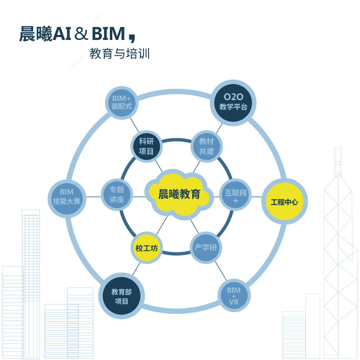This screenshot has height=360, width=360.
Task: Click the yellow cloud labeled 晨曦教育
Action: [x=179, y=195]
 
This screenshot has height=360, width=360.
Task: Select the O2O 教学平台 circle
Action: [x=233, y=102]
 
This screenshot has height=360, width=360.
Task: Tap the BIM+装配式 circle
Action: [x=122, y=102]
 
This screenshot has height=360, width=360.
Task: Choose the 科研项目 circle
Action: [x=146, y=146]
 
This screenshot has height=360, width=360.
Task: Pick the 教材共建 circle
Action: [x=206, y=146]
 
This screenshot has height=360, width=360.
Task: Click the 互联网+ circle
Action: [x=235, y=197]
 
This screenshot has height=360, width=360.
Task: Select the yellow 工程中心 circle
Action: [x=284, y=202]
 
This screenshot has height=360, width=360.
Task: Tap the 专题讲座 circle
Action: [x=117, y=195]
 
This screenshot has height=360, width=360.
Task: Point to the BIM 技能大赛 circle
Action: [x=67, y=197]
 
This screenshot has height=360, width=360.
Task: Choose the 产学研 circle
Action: [x=206, y=248]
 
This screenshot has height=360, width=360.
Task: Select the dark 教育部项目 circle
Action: [x=121, y=297]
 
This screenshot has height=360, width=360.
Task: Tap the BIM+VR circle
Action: [x=234, y=296]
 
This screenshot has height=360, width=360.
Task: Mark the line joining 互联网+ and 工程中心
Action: [x=256, y=197]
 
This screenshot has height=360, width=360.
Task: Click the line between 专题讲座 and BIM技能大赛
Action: [x=92, y=197]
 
